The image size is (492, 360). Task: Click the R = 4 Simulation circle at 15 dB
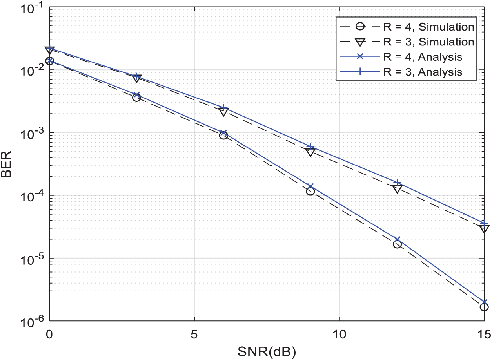click(x=484, y=307)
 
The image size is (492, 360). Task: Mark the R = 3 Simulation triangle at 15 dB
click(x=484, y=229)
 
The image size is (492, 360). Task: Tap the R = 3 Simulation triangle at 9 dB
click(x=310, y=152)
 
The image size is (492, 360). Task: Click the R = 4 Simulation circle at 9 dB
click(x=310, y=192)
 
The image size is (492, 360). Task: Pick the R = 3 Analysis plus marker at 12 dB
click(x=397, y=183)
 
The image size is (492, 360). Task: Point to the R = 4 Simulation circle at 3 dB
click(x=136, y=98)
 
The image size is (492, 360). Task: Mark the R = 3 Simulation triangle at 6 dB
click(x=223, y=112)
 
